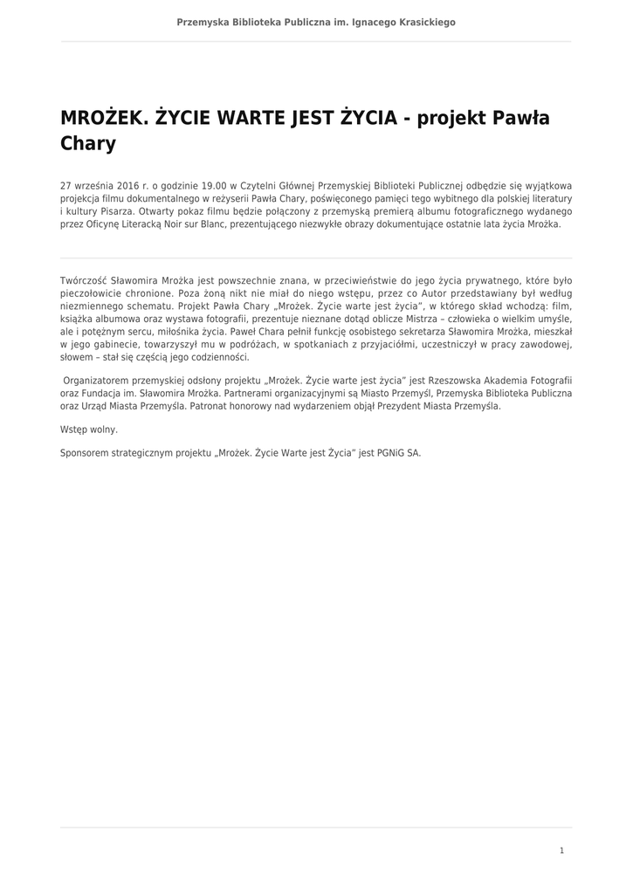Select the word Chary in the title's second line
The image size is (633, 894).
pyautogui.click(x=87, y=143)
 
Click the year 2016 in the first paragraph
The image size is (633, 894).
pyautogui.click(x=128, y=186)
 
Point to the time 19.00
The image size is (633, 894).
pyautogui.click(x=214, y=186)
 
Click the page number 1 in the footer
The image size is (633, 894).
pyautogui.click(x=561, y=850)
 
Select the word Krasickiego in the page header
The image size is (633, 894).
pyautogui.click(x=423, y=22)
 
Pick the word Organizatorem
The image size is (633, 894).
pyautogui.click(x=99, y=381)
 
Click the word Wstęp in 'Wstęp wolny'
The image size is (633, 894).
pyautogui.click(x=74, y=430)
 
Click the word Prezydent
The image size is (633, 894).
pyautogui.click(x=387, y=406)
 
